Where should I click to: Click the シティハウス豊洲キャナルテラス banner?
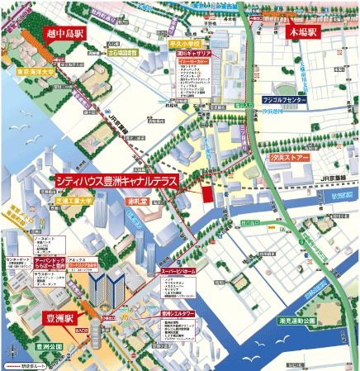coord(115,179)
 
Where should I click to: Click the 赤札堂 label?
coord(136,201)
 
